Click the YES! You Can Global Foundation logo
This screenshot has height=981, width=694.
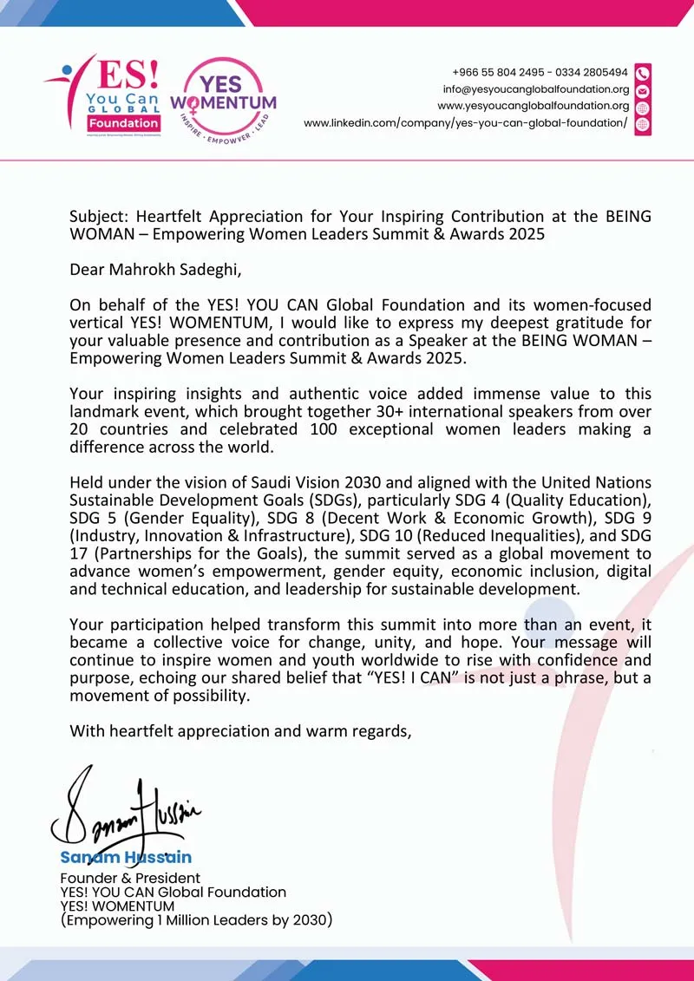pyautogui.click(x=102, y=94)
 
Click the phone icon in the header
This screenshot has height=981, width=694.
pyautogui.click(x=643, y=72)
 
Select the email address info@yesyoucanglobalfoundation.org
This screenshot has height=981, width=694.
pyautogui.click(x=536, y=89)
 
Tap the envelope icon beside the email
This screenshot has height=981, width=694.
pyautogui.click(x=643, y=90)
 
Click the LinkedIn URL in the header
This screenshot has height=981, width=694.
pyautogui.click(x=465, y=123)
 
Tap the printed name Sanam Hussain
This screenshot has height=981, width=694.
pyautogui.click(x=126, y=857)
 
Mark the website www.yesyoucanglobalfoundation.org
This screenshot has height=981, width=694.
pyautogui.click(x=534, y=106)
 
